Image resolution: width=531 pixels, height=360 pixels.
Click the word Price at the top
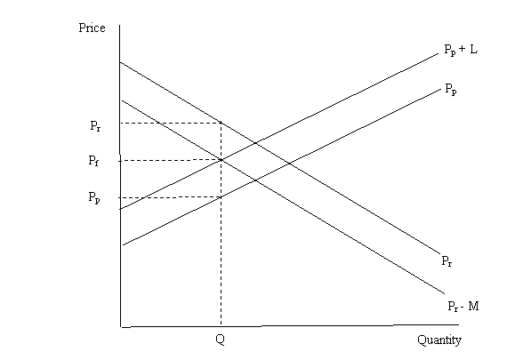(x=92, y=28)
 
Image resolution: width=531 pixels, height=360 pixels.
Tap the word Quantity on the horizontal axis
(x=439, y=340)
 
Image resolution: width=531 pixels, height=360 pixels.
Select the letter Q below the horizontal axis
(x=220, y=339)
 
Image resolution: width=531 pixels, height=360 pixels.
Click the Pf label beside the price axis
(x=93, y=160)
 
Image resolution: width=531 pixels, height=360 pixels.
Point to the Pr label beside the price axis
(x=95, y=126)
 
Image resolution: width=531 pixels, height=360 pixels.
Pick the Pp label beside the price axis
(x=94, y=197)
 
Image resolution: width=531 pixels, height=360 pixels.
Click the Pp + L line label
(x=461, y=50)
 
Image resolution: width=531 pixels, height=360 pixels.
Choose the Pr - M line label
(x=463, y=306)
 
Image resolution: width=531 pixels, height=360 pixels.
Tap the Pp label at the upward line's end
(x=451, y=89)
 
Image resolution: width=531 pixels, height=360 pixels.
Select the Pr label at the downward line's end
(x=447, y=260)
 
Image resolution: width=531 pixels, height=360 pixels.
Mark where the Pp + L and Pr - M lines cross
(x=221, y=160)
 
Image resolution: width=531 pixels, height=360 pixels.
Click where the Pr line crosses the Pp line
(x=290, y=164)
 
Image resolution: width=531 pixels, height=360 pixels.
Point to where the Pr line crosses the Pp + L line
(x=255, y=143)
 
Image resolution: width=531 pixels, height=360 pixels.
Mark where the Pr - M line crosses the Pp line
(x=255, y=180)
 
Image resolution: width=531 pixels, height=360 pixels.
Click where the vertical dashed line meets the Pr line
(x=221, y=123)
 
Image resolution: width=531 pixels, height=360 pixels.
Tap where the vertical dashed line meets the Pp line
(x=221, y=197)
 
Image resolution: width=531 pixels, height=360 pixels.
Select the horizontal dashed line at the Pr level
(x=171, y=124)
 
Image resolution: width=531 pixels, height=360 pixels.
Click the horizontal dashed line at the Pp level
(x=170, y=197)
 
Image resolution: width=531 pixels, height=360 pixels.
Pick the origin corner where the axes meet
(x=121, y=327)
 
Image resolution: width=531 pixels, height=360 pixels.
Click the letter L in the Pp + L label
(x=474, y=50)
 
